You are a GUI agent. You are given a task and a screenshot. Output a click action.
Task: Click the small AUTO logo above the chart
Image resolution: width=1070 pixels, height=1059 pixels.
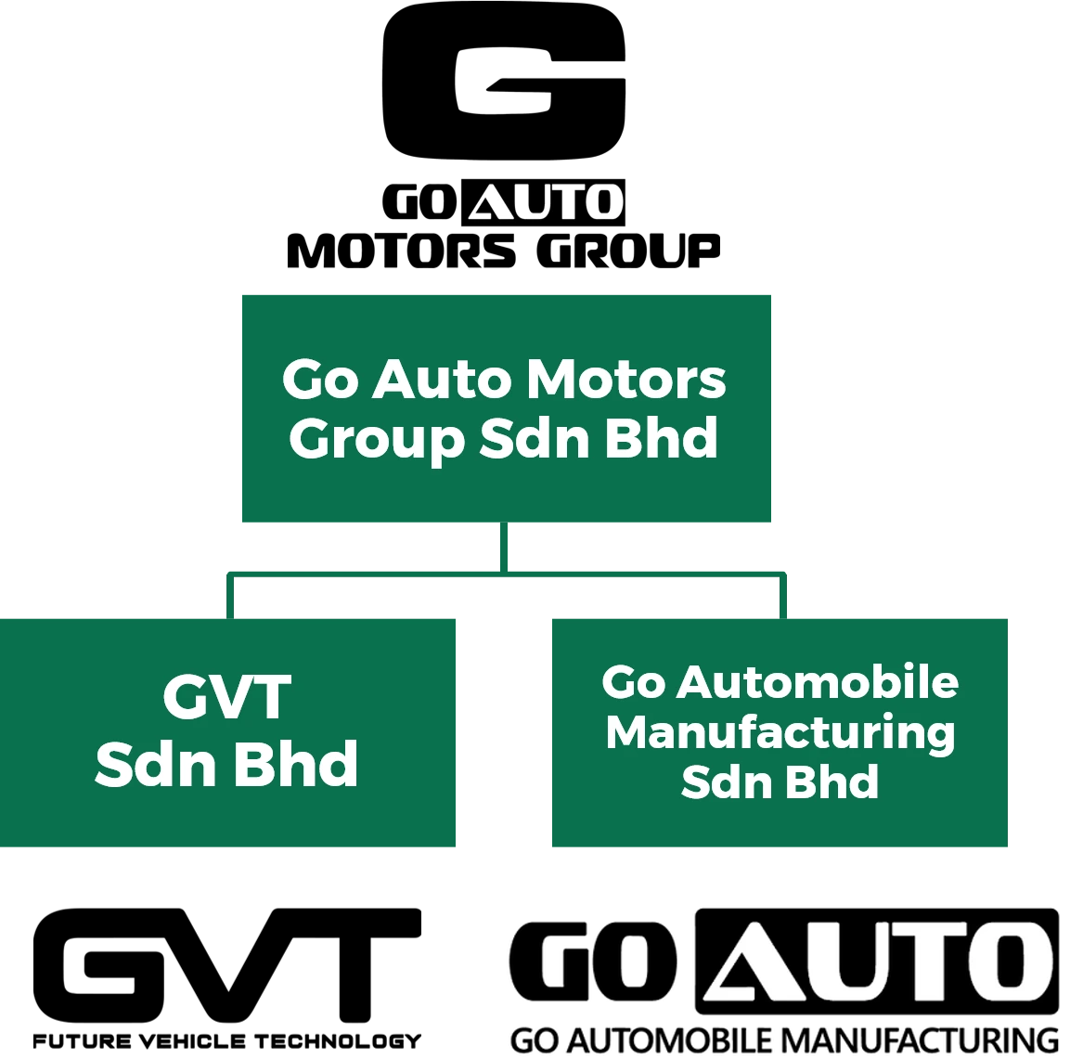pyautogui.click(x=546, y=202)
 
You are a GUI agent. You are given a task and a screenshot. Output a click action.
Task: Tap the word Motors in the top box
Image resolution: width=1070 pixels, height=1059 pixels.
pyautogui.click(x=625, y=380)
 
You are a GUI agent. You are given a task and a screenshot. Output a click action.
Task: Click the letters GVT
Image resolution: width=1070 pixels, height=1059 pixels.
pyautogui.click(x=227, y=697)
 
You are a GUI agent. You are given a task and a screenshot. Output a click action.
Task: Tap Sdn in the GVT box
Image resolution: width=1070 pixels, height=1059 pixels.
pyautogui.click(x=154, y=764)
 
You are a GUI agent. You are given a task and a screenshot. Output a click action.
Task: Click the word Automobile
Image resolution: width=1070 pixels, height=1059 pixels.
pyautogui.click(x=818, y=682)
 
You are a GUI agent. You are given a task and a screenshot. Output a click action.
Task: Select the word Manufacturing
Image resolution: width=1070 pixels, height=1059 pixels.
pyautogui.click(x=780, y=732)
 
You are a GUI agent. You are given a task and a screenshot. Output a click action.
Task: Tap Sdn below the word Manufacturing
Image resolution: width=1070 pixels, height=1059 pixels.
pyautogui.click(x=723, y=781)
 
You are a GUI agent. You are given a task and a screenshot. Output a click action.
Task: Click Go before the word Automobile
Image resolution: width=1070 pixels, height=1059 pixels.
pyautogui.click(x=633, y=682)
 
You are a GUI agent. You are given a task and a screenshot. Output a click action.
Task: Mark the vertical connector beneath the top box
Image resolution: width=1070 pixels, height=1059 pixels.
pyautogui.click(x=505, y=546)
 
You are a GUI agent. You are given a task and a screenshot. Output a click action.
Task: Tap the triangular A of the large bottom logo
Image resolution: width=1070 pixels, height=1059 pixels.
pyautogui.click(x=751, y=962)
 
